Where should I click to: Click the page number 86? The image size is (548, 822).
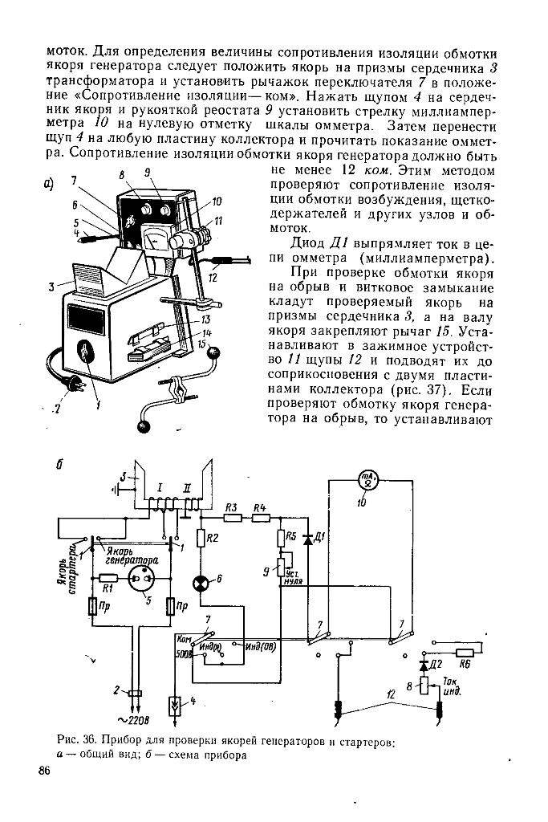44,771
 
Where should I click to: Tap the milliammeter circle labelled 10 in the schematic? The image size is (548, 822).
367,483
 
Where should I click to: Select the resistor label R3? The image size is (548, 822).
231,507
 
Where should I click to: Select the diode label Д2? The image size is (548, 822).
436,665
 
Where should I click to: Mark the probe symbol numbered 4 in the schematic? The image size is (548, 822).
174,706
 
